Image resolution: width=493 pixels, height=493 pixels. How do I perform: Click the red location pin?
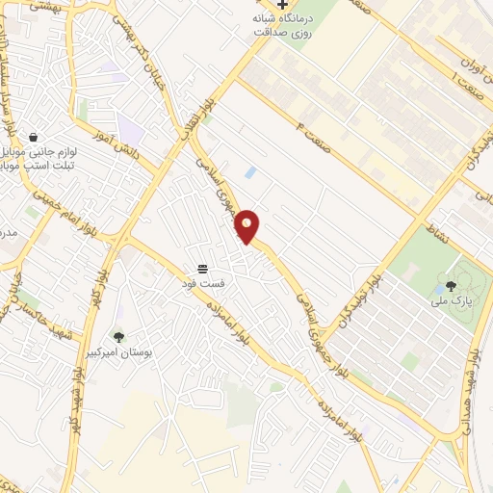[x=247, y=226]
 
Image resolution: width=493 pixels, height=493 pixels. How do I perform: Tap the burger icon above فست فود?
[x=202, y=269]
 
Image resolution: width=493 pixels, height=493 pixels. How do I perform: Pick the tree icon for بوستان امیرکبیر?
[x=119, y=336]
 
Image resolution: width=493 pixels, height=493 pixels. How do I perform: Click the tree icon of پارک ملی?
[x=452, y=285]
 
